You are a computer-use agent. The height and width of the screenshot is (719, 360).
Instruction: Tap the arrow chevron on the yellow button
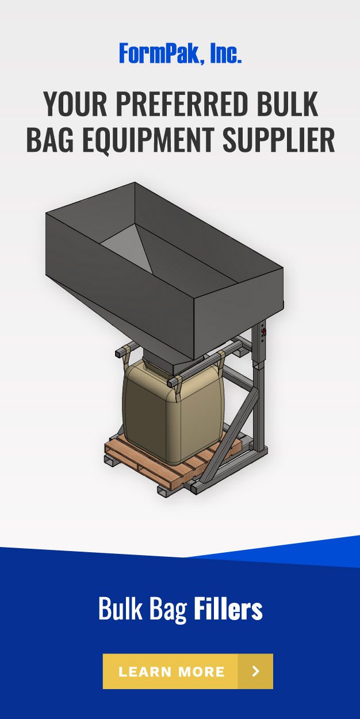[256, 671]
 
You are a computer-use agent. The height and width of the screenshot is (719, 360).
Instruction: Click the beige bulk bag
[173, 414]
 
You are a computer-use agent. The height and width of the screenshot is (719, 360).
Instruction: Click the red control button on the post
[264, 332]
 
